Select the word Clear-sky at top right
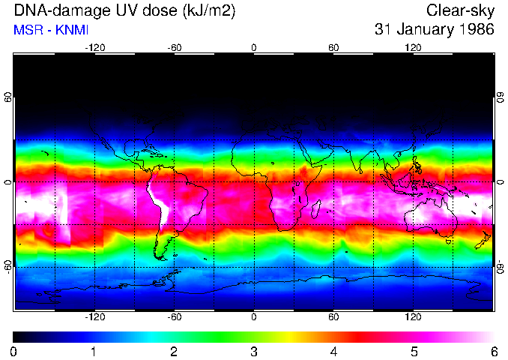click(x=460, y=11)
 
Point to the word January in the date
click(x=426, y=30)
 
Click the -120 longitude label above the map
click(x=94, y=47)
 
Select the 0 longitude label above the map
click(x=254, y=47)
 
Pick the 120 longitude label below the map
click(x=413, y=317)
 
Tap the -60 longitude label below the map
click(x=175, y=317)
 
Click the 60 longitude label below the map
click(x=333, y=317)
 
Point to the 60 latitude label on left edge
click(x=7, y=97)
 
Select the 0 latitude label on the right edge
click(x=501, y=182)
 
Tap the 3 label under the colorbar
click(x=254, y=351)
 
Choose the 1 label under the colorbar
click(x=94, y=351)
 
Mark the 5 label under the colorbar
click(x=414, y=351)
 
